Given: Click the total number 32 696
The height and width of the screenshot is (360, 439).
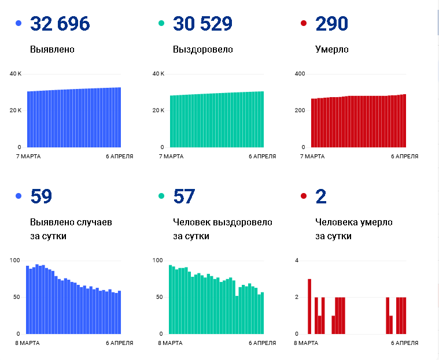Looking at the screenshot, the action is click(x=60, y=23).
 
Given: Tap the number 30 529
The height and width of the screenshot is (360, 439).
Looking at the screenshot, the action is click(x=202, y=23).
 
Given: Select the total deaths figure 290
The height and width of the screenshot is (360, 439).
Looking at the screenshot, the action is click(x=331, y=23).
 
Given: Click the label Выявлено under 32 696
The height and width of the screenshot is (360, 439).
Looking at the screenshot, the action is click(x=53, y=50).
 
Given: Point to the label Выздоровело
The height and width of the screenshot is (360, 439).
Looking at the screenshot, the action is click(x=202, y=50).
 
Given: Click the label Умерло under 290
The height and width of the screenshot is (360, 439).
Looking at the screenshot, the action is click(x=332, y=50).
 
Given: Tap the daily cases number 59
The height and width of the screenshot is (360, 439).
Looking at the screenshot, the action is click(x=41, y=196).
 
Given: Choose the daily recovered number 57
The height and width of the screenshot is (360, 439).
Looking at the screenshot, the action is click(x=184, y=196).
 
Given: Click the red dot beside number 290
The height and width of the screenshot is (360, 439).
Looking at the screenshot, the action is click(x=304, y=23).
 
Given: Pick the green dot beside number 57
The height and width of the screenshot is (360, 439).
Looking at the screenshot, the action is click(x=161, y=196).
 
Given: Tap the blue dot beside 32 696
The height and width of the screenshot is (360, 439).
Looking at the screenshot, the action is click(x=19, y=23).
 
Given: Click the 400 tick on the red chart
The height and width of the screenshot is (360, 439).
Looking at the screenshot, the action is click(x=300, y=74).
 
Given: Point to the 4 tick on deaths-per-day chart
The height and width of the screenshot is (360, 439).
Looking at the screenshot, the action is click(x=297, y=261).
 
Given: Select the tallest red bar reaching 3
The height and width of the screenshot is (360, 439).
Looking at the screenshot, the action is click(x=309, y=307).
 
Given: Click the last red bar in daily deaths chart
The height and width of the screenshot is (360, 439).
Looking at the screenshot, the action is click(x=404, y=316).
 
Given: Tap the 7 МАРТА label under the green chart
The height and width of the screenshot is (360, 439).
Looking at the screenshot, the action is click(x=171, y=157).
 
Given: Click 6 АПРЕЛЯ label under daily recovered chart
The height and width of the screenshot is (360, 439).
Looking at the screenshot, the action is click(x=263, y=343).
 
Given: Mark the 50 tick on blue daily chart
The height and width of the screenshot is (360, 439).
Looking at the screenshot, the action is click(x=17, y=297).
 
